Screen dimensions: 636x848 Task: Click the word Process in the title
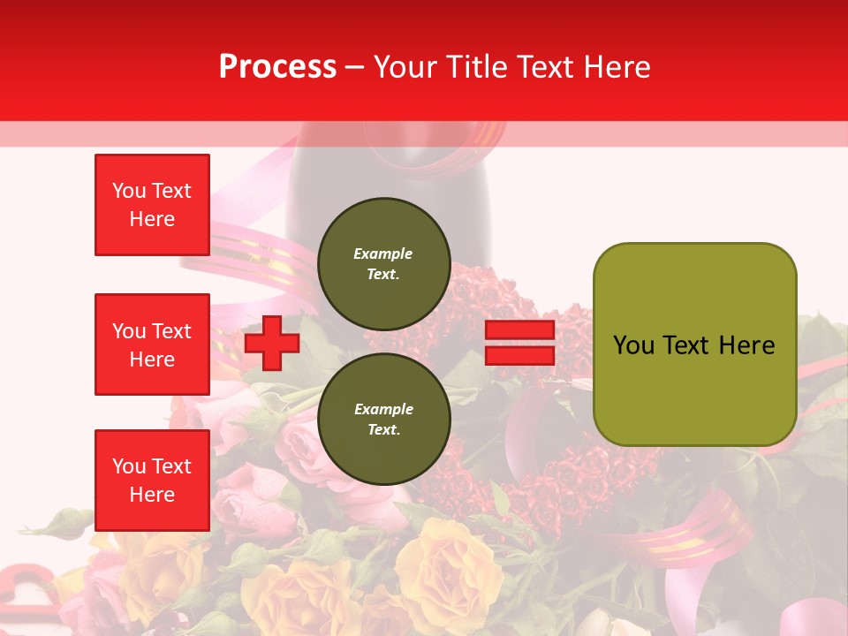(277, 67)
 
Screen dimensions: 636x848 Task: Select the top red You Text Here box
(152, 205)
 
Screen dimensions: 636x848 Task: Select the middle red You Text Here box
(152, 344)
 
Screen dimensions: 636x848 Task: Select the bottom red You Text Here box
(152, 481)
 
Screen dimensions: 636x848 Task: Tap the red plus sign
(272, 343)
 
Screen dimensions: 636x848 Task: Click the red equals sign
(519, 343)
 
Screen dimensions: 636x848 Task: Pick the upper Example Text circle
(383, 263)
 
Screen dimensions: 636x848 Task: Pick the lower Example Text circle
(383, 419)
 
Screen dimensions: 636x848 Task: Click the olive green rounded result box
(694, 344)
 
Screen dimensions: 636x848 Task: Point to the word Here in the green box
(746, 345)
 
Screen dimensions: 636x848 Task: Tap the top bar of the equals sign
(519, 330)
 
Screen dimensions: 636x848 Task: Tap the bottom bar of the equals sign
(519, 355)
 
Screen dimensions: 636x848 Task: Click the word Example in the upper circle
(383, 254)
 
